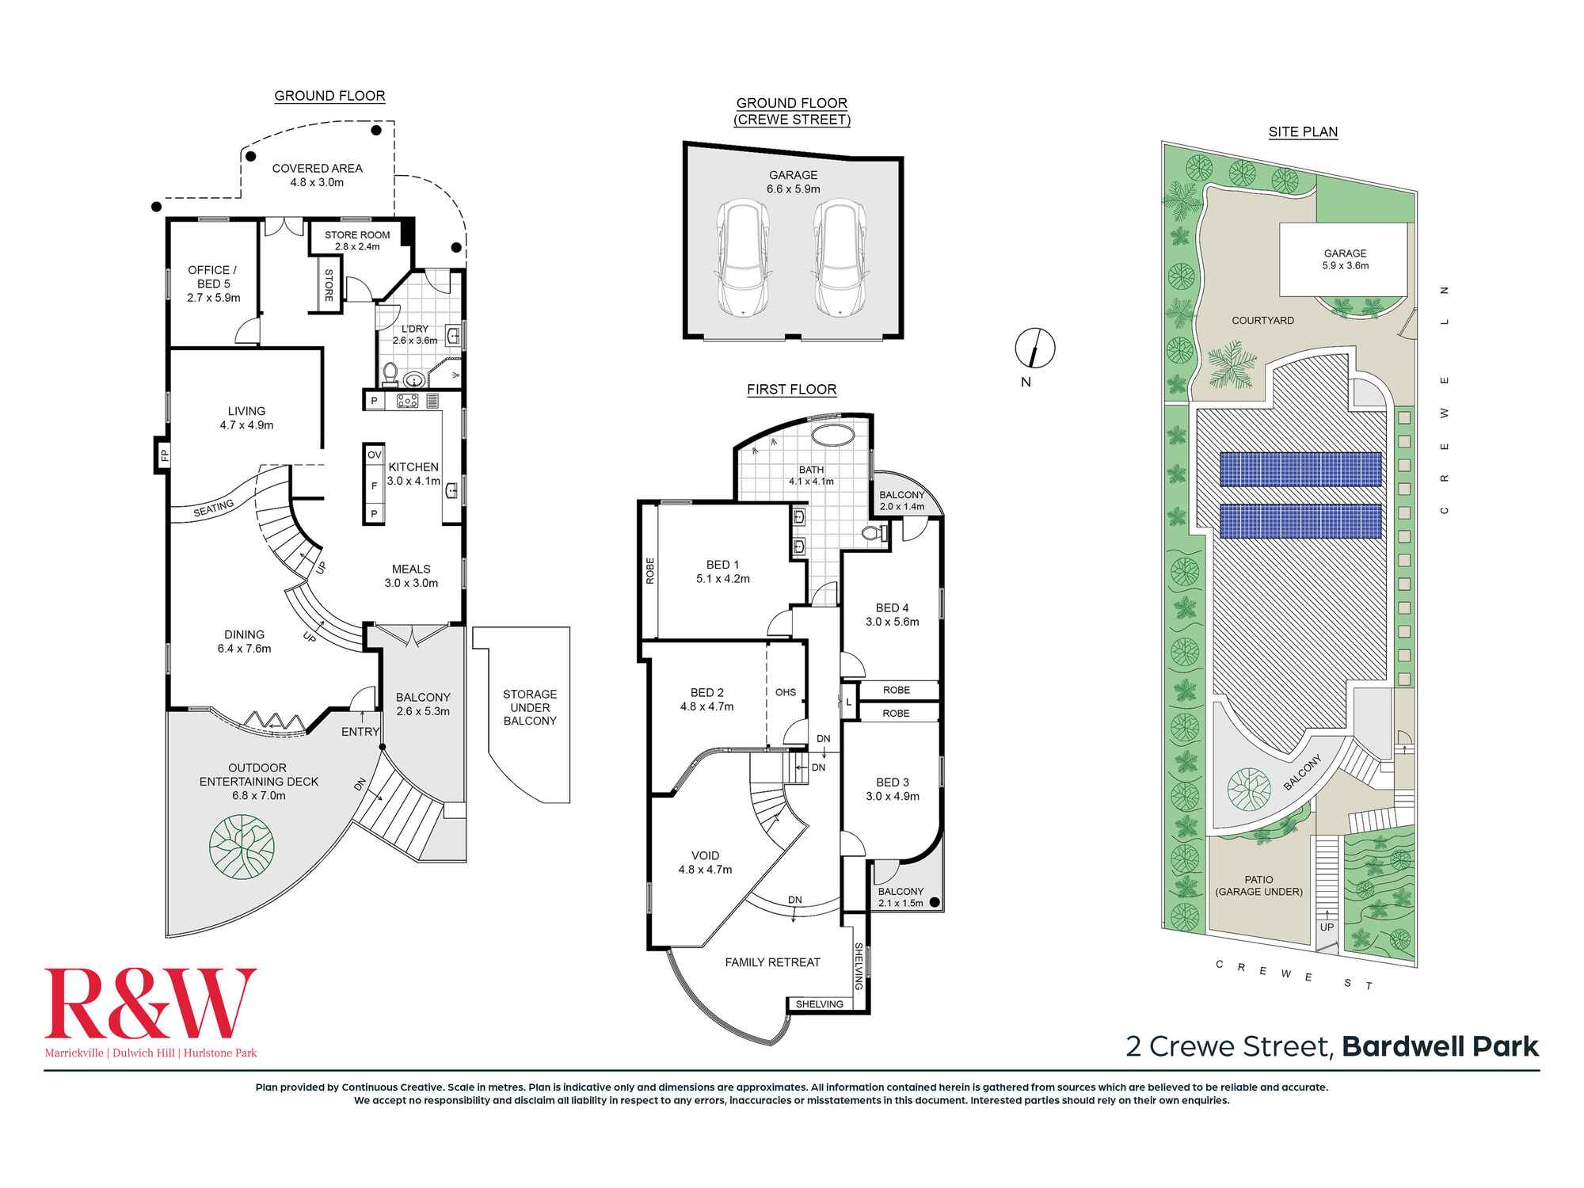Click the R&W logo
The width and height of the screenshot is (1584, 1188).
pos(150,1003)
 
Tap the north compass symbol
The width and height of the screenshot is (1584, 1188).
pos(1035,348)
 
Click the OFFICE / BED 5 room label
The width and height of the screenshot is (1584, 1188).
pos(212,284)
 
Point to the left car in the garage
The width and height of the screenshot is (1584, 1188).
pos(742,258)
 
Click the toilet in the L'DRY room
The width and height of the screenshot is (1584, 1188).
pos(390,372)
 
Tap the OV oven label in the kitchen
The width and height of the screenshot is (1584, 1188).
pos(374,455)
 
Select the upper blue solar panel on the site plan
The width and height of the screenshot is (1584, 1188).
pos(1299,470)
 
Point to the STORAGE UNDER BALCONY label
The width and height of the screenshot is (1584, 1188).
pos(530,707)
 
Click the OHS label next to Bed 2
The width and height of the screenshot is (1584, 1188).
pos(786,692)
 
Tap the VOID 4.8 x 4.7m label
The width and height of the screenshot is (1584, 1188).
pos(705,862)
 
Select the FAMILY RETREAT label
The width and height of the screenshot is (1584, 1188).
pos(772,962)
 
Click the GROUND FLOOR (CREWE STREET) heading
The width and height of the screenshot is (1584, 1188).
pos(792,112)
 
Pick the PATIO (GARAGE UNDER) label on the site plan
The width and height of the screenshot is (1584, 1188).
pos(1258,885)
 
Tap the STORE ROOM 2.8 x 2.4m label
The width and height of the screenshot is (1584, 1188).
pos(357,240)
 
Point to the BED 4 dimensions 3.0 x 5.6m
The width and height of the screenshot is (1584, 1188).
pos(892,622)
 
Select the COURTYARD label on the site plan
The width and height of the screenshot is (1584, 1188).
pos(1262,321)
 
